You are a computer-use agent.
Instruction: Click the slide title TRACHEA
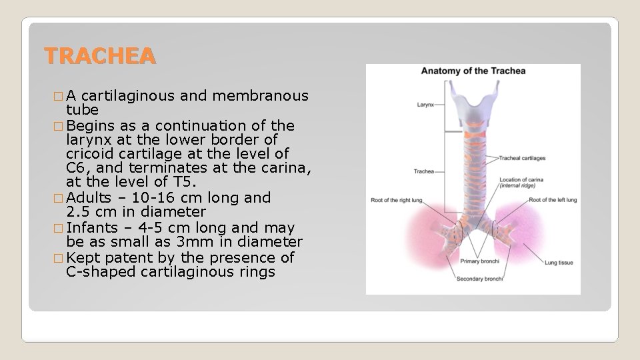[x=100, y=57]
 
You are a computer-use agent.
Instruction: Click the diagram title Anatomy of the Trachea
[x=473, y=71]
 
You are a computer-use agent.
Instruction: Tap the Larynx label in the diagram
[x=425, y=105]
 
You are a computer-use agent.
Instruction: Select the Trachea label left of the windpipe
[x=424, y=171]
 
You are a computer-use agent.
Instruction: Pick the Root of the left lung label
[x=553, y=199]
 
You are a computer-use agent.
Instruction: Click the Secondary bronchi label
[x=479, y=279]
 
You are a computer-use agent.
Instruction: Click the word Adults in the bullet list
[x=90, y=198]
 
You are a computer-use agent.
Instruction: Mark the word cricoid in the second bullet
[x=90, y=155]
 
